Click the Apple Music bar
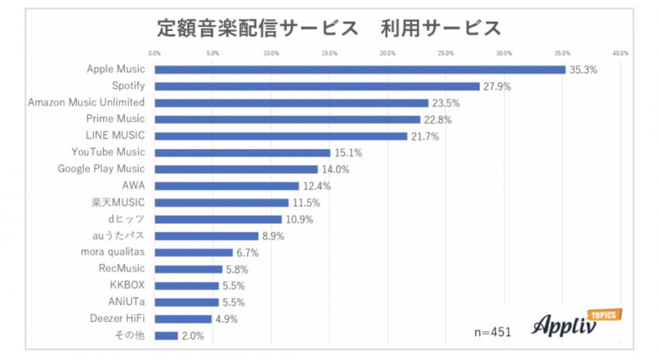click(x=360, y=70)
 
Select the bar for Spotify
click(x=317, y=86)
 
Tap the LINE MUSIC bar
click(x=281, y=136)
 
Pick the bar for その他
click(x=167, y=335)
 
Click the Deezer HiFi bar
click(x=183, y=318)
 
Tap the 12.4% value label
click(x=316, y=186)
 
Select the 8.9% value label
click(x=274, y=236)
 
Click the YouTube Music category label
click(x=108, y=152)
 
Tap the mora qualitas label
click(x=112, y=252)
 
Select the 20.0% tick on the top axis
click(x=388, y=53)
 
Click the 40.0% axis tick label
click(x=619, y=53)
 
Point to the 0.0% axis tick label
click(x=154, y=53)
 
